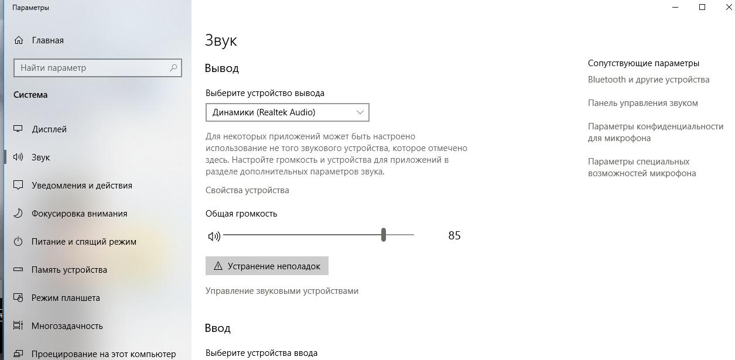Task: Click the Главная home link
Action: [x=47, y=40]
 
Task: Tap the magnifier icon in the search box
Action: [x=173, y=68]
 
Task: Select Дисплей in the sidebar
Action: [x=49, y=129]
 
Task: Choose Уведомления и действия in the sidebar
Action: [x=81, y=186]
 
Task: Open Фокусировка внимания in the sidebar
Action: [x=79, y=214]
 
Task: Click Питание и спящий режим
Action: [x=84, y=242]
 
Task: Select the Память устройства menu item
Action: [x=69, y=270]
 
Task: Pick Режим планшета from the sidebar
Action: [x=66, y=298]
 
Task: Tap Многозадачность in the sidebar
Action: [x=67, y=326]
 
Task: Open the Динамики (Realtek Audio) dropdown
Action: [x=287, y=112]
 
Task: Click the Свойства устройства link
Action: [x=247, y=190]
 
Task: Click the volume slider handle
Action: [x=384, y=235]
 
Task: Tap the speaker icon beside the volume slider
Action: [x=214, y=236]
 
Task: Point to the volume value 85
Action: [x=454, y=235]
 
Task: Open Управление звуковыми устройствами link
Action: [x=282, y=291]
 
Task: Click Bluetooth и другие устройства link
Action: [x=648, y=80]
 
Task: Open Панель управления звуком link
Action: [x=642, y=103]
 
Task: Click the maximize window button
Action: [x=702, y=7]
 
